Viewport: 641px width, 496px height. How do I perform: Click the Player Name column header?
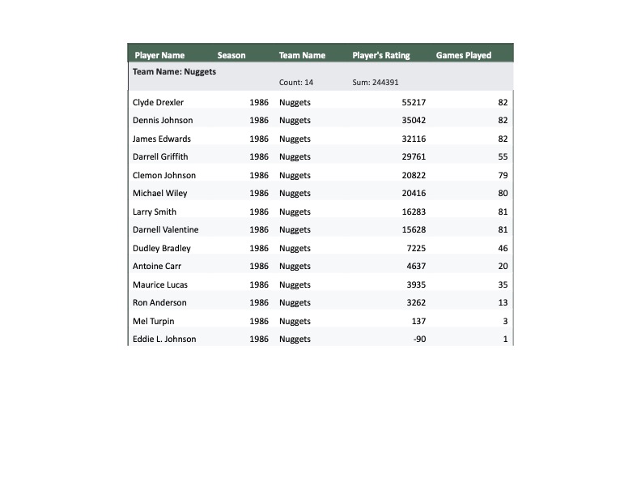159,56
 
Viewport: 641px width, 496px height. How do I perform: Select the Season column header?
231,56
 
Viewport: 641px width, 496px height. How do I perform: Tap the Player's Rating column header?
381,56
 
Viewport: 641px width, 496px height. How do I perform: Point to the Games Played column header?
464,56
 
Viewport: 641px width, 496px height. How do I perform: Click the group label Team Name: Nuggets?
174,71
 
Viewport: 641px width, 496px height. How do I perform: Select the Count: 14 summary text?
296,83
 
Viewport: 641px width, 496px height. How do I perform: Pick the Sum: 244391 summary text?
376,83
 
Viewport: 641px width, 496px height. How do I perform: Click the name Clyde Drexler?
158,103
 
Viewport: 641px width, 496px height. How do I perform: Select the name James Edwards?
162,139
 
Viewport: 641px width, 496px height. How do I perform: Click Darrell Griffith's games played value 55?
503,157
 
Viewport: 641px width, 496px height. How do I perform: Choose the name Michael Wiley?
159,194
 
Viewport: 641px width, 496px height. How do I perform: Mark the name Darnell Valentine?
165,230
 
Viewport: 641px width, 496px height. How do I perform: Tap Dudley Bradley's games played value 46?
503,248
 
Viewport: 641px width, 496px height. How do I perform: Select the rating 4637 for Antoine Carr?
416,267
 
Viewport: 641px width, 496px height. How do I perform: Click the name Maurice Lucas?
159,284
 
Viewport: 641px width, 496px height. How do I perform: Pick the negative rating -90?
419,340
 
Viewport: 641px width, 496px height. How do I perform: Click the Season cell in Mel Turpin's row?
259,321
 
